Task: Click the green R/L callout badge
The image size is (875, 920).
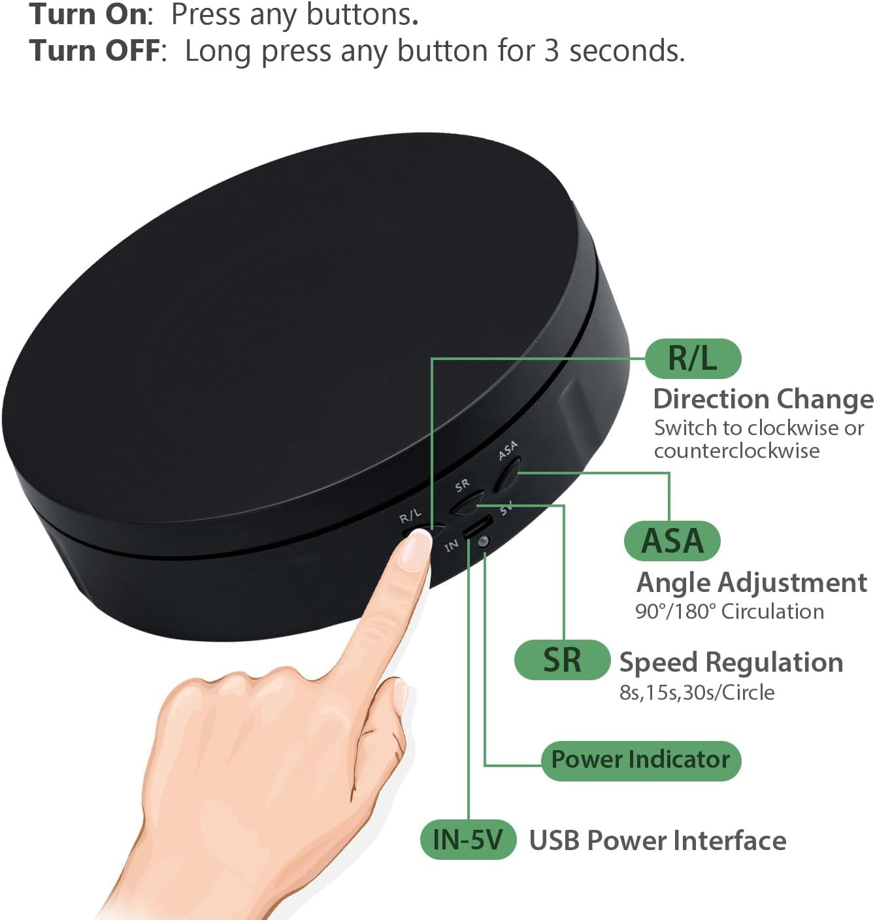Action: tap(693, 359)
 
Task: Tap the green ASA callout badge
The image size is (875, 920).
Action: tap(672, 541)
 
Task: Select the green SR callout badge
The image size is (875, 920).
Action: tap(562, 660)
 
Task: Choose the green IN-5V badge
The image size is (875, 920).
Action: tap(468, 840)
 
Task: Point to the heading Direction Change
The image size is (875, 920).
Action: tap(763, 399)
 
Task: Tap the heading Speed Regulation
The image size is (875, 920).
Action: tap(731, 663)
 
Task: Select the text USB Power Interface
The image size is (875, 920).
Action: tap(658, 840)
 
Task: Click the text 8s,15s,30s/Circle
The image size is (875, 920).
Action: tap(697, 693)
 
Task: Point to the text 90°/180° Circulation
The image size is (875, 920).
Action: tap(729, 612)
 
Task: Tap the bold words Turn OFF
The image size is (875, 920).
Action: tap(95, 50)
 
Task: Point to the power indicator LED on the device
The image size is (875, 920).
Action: tap(483, 542)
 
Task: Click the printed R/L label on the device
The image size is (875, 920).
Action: tap(410, 516)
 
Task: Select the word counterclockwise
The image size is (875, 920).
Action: tap(737, 451)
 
